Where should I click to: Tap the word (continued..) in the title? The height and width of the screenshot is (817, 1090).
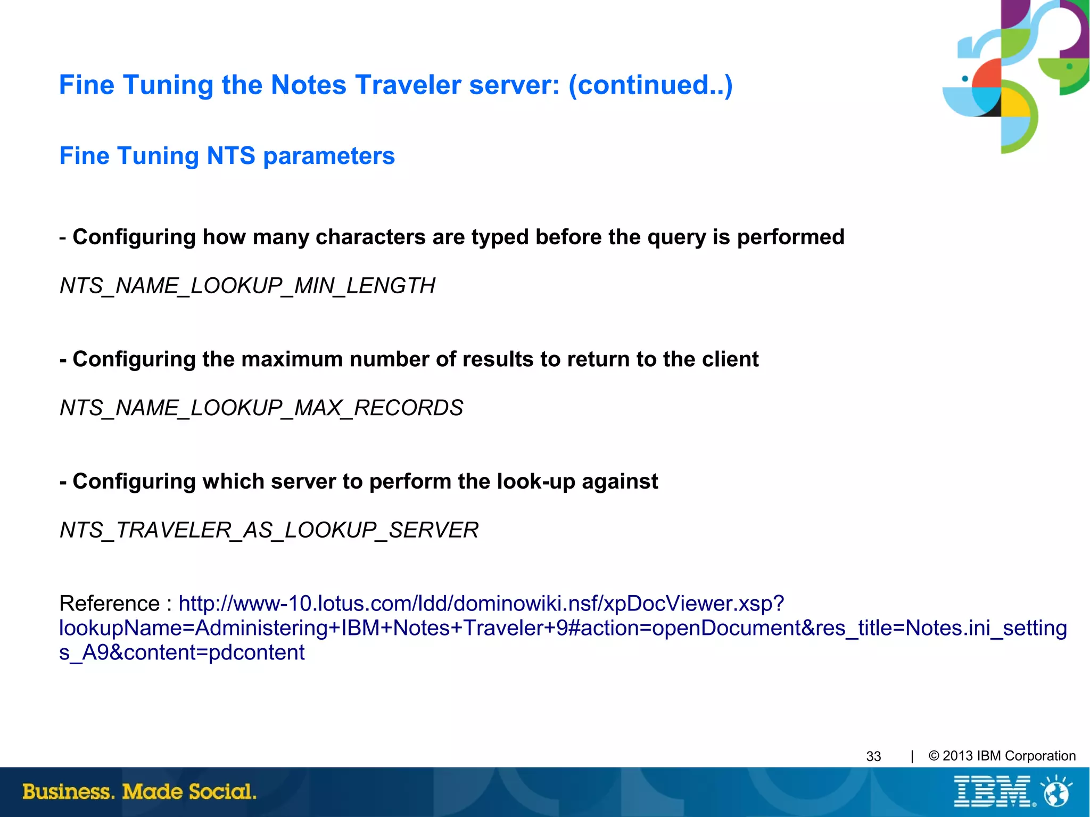[x=650, y=85]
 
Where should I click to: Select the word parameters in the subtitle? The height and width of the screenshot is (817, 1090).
[x=329, y=156]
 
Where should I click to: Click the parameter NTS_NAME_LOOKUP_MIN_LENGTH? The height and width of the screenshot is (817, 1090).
[x=247, y=286]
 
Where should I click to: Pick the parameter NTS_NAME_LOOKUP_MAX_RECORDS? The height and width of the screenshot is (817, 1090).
[x=261, y=408]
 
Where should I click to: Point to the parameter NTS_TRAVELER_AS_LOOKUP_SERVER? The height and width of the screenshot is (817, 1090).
[x=269, y=530]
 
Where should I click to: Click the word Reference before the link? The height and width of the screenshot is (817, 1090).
[x=109, y=604]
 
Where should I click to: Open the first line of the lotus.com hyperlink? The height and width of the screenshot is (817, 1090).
[x=481, y=604]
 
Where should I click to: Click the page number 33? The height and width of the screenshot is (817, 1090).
[x=873, y=756]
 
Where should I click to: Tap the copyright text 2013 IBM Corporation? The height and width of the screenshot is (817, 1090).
[x=1009, y=756]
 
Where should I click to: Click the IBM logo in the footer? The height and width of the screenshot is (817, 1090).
[x=993, y=791]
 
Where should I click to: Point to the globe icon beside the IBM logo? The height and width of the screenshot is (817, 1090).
[x=1057, y=791]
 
